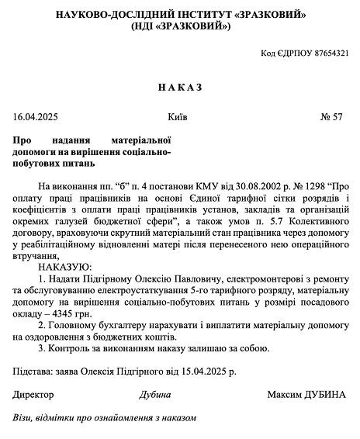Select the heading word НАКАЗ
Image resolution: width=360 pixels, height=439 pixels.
pos(179,87)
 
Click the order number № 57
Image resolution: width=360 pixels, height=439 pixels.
pos(331,118)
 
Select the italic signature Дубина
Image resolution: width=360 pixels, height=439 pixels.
pos(154,394)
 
